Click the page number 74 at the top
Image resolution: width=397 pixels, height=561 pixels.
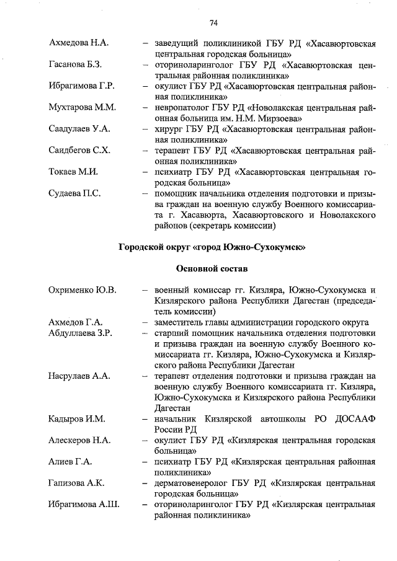pyautogui.click(x=213, y=23)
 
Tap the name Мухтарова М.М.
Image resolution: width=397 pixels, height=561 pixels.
pyautogui.click(x=82, y=107)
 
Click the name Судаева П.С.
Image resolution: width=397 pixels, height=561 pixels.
pyautogui.click(x=74, y=193)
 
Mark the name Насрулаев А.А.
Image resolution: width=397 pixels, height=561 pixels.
pyautogui.click(x=79, y=376)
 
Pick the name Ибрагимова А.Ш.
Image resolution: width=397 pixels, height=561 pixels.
pyautogui.click(x=84, y=505)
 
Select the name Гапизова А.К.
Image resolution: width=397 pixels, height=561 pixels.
pyautogui.click(x=78, y=484)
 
